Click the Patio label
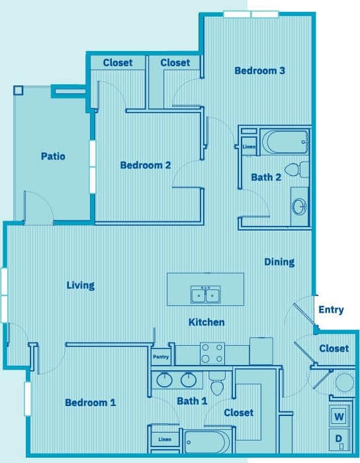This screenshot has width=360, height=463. pos(53,157)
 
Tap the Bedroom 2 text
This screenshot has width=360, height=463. pos(145,165)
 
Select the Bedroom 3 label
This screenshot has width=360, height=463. pos(259,70)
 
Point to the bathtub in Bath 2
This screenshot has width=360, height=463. pos(285,141)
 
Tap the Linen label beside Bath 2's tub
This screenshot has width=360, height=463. pos(249,147)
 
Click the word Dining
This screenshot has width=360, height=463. pos(279,262)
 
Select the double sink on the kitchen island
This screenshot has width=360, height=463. pos(205,295)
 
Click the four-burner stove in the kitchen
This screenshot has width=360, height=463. pos(212,352)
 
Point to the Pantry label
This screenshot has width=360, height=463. pos(161,357)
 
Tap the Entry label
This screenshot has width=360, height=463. pos(331,309)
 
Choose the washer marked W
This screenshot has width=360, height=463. pos(339,417)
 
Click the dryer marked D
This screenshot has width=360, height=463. pos(339,439)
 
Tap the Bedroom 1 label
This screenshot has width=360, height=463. pos(90,403)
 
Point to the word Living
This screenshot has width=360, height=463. pos(80,285)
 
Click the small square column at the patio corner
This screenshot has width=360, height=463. pos(19,90)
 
